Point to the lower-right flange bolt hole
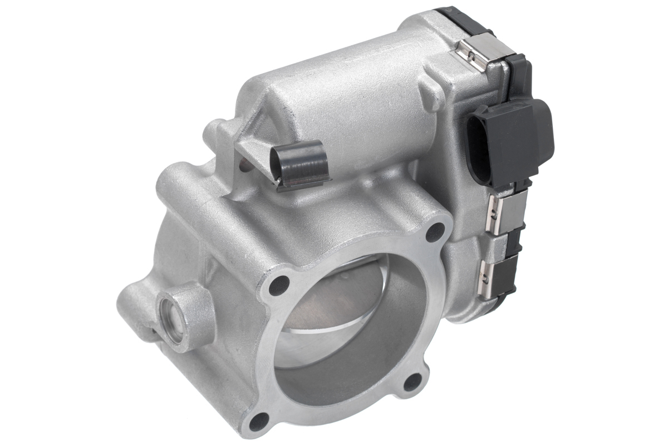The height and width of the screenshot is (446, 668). pyautogui.click(x=412, y=381)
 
